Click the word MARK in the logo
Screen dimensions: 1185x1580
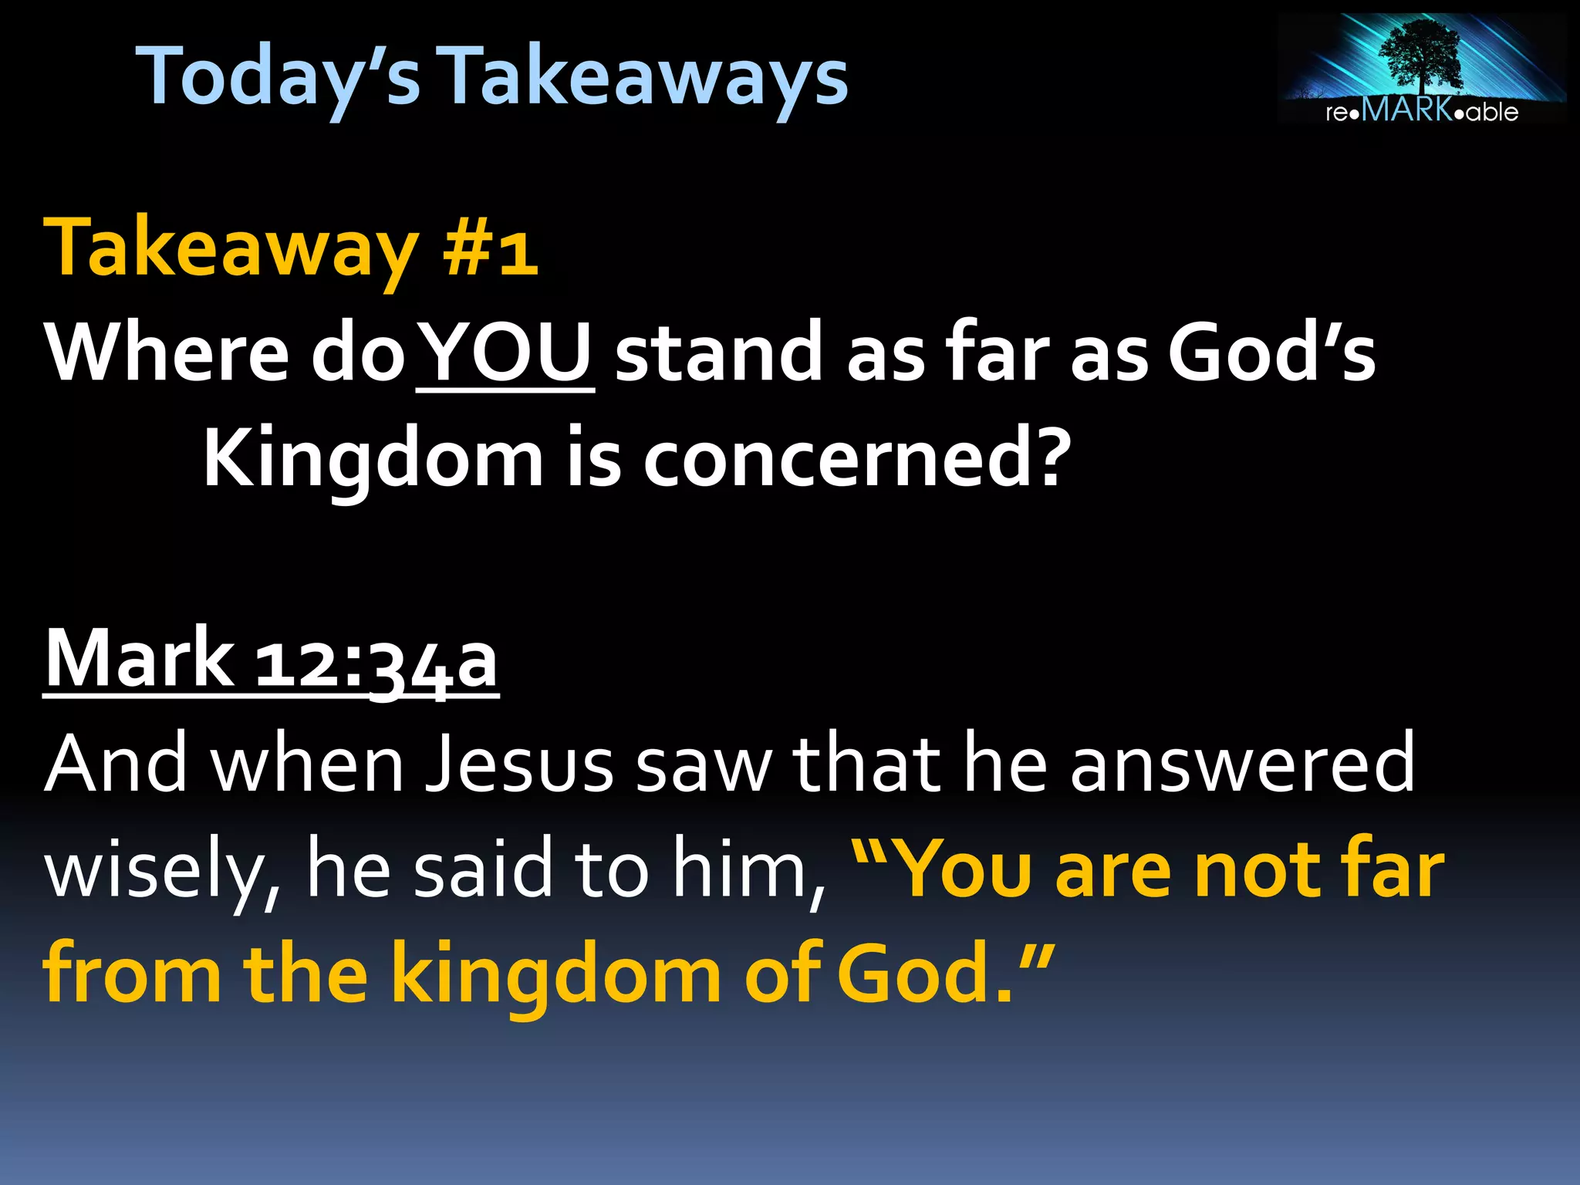tap(1407, 110)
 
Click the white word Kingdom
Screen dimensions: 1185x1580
tap(373, 459)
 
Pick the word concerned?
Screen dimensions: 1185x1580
tap(857, 459)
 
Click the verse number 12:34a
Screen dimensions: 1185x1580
tap(376, 660)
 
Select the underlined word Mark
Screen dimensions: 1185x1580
tap(140, 659)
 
